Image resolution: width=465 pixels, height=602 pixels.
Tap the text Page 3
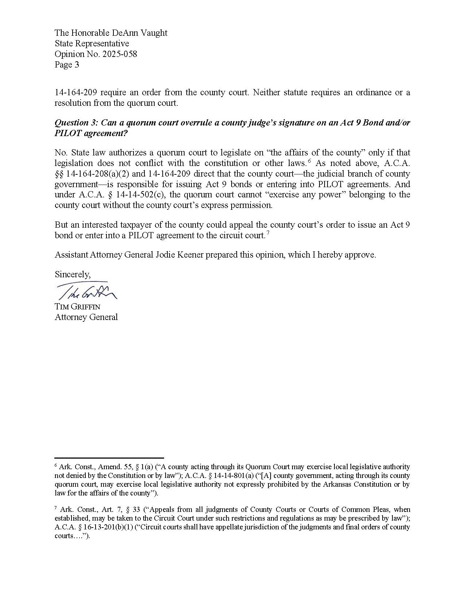point(67,65)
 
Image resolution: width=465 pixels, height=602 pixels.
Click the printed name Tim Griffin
point(77,306)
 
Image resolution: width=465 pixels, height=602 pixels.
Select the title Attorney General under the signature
point(86,317)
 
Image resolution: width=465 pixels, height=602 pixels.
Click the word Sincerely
point(73,274)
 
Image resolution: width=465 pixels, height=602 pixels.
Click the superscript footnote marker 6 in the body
point(309,161)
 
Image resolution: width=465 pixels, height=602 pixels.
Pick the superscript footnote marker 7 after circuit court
point(268,233)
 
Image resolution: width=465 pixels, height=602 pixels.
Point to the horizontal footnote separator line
point(109,458)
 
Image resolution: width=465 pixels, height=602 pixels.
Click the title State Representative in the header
point(92,43)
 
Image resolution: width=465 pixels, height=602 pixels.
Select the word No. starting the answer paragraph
point(61,153)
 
